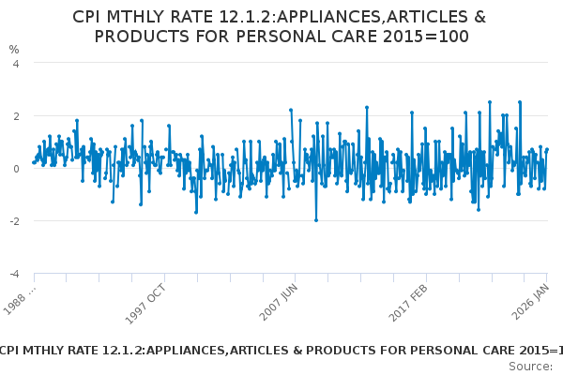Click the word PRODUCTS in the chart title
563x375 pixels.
pyautogui.click(x=140, y=37)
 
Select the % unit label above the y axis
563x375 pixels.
pyautogui.click(x=14, y=49)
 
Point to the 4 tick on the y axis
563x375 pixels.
pyautogui.click(x=15, y=64)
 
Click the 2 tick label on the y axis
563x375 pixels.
pyautogui.click(x=15, y=116)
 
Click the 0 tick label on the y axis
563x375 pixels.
pyautogui.click(x=15, y=169)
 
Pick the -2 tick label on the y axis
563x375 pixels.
pyautogui.click(x=13, y=221)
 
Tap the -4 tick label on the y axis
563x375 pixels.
pyautogui.click(x=13, y=274)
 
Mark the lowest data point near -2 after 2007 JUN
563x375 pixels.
pyautogui.click(x=316, y=220)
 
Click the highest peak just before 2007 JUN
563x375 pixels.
pyautogui.click(x=291, y=111)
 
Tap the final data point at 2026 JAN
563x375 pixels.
pyautogui.click(x=547, y=150)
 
